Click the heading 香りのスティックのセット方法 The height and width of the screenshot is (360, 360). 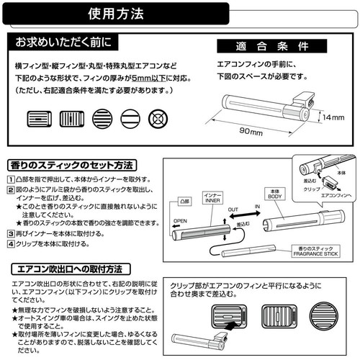(x=75, y=164)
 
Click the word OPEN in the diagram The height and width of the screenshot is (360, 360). (x=181, y=222)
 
